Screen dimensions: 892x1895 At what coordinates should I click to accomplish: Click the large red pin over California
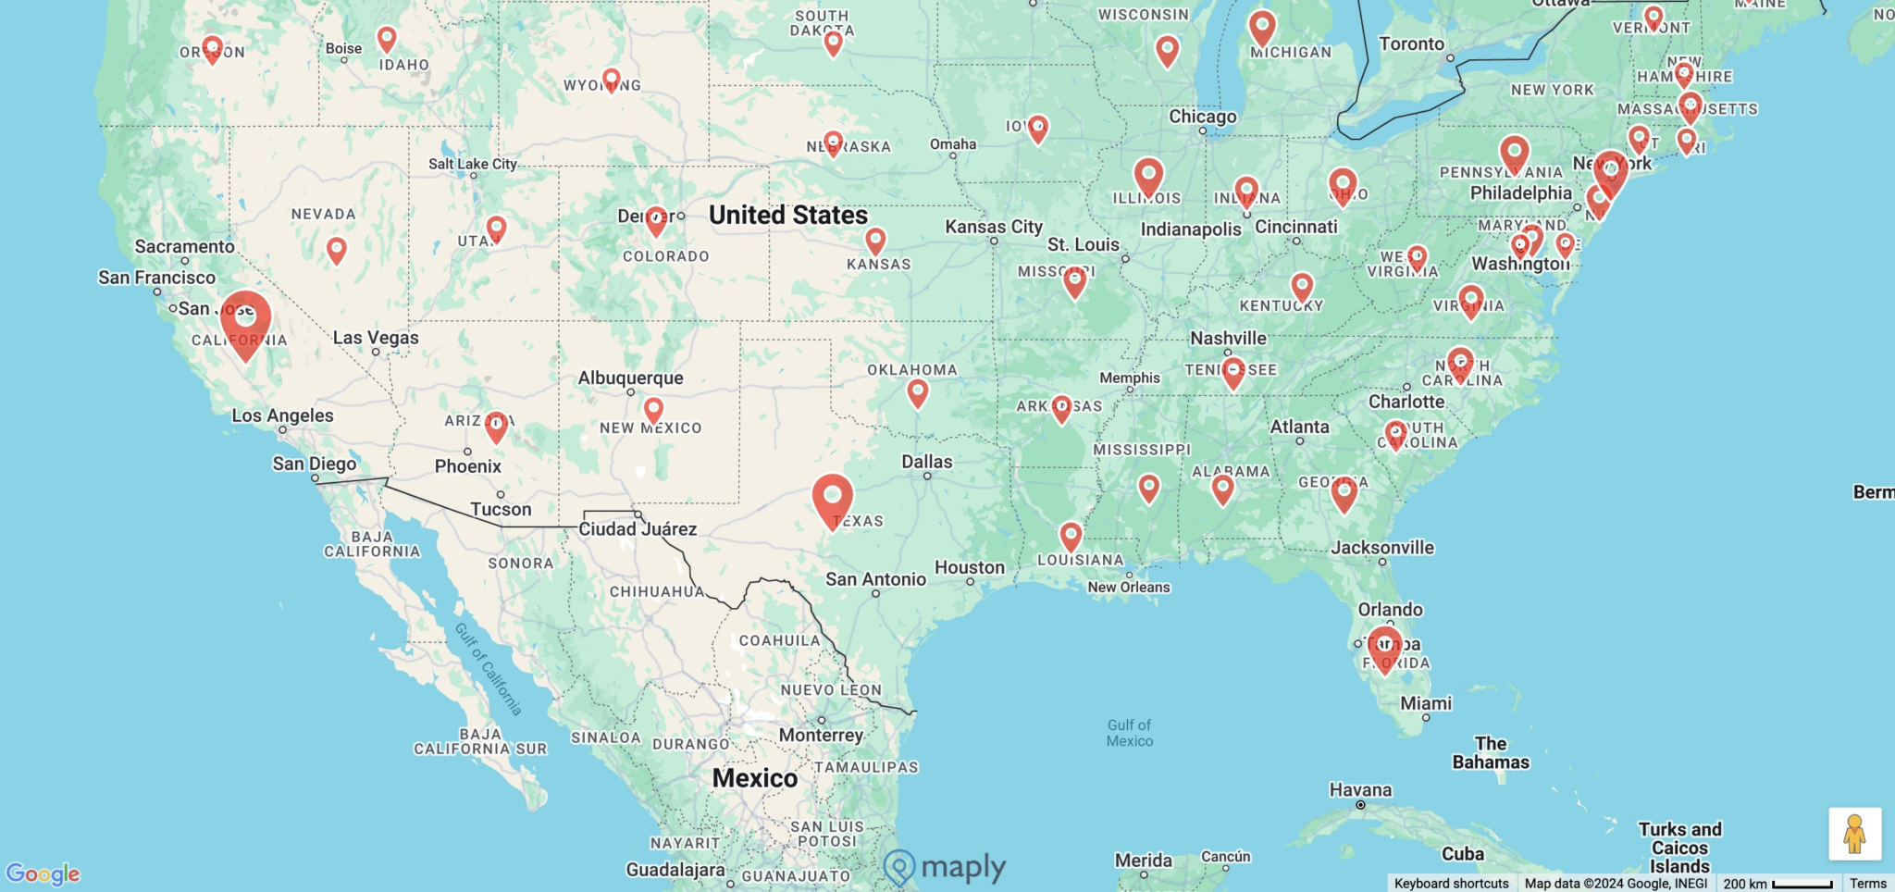tap(245, 321)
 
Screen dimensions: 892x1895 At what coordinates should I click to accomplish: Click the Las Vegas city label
tap(376, 338)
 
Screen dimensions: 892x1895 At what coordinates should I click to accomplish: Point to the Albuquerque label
tap(630, 378)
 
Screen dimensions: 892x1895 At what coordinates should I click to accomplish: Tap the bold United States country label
tap(787, 215)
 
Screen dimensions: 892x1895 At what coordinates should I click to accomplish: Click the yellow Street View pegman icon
tap(1853, 833)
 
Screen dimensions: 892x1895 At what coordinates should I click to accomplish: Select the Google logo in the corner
tap(43, 873)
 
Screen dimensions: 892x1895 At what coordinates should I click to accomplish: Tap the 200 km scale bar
tap(1777, 884)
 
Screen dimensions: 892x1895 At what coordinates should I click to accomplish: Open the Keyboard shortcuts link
tap(1451, 884)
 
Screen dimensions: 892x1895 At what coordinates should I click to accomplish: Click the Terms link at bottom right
tap(1867, 884)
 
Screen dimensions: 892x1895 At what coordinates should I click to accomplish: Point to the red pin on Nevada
tap(337, 249)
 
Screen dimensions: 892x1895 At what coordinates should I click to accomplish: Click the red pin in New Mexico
tap(653, 408)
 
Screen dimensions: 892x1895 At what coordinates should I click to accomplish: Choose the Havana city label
tap(1359, 790)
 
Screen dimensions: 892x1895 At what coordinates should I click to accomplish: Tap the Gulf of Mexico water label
tap(1129, 733)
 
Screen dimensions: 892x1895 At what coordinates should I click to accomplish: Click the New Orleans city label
tap(1128, 587)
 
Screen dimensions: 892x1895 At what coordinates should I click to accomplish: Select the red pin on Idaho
tap(387, 38)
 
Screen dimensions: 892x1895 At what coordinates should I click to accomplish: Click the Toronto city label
tap(1410, 43)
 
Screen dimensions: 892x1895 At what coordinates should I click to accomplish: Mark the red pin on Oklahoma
tap(917, 391)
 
